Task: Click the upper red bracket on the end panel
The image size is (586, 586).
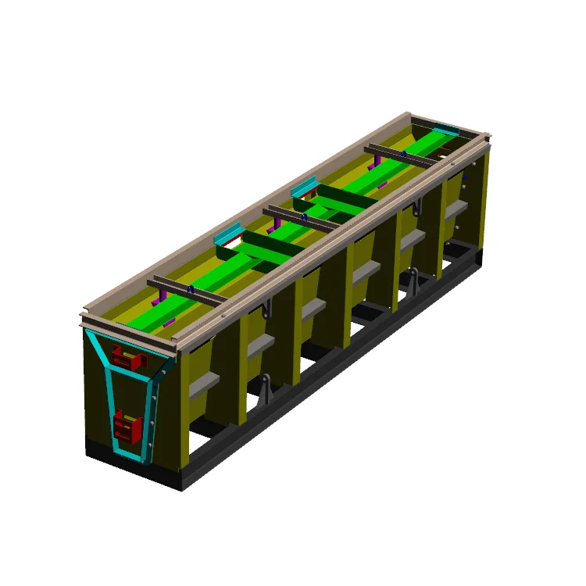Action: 127,358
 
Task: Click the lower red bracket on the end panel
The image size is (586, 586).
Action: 127,426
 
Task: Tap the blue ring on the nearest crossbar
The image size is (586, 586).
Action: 190,288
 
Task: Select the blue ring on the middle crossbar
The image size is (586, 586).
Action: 305,216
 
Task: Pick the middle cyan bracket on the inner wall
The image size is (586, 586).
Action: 305,188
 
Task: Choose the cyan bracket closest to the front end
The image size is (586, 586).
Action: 228,234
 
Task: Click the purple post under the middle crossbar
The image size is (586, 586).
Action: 273,228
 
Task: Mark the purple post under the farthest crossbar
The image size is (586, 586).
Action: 378,162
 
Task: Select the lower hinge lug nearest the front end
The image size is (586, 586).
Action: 266,388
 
